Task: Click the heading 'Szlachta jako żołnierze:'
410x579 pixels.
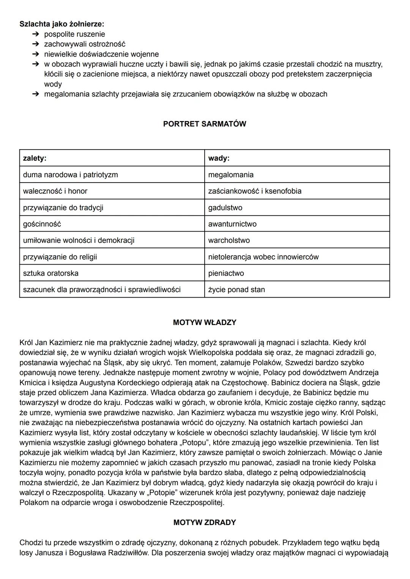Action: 61,24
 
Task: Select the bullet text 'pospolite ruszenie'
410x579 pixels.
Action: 74,34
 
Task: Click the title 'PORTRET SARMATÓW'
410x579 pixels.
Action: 204,124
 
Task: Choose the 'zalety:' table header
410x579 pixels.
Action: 35,158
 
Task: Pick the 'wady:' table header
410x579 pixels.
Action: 219,158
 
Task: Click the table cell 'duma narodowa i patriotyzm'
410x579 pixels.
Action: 70,175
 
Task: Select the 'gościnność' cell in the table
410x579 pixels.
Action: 42,224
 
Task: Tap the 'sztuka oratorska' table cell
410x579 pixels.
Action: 50,273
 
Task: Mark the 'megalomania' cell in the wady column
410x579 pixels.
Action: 231,175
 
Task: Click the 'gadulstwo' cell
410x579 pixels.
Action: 225,208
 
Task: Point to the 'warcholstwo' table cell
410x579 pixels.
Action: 229,240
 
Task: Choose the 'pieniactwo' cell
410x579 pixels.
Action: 226,273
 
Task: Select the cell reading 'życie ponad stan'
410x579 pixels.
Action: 237,290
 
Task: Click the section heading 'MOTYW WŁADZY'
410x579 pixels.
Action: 204,323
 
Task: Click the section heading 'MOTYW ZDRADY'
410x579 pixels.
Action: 204,522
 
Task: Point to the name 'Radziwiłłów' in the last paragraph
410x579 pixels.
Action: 128,553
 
